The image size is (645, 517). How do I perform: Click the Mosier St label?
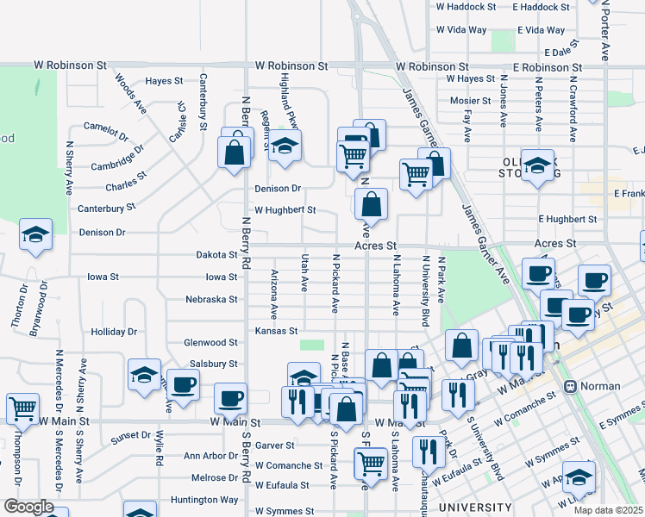tap(471, 100)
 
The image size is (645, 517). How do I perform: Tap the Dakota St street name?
tap(216, 255)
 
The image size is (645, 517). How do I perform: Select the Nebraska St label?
tap(211, 300)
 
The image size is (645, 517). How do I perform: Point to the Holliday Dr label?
tap(114, 332)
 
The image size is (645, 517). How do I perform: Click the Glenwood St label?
tap(210, 343)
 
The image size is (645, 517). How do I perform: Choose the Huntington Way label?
tap(204, 500)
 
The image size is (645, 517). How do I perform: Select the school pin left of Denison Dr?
tap(36, 234)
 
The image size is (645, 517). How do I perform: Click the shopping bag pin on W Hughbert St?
tap(371, 205)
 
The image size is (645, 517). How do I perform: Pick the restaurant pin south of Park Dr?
tap(428, 451)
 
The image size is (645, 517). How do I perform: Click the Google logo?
tap(28, 507)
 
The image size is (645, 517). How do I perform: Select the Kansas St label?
tap(276, 331)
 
